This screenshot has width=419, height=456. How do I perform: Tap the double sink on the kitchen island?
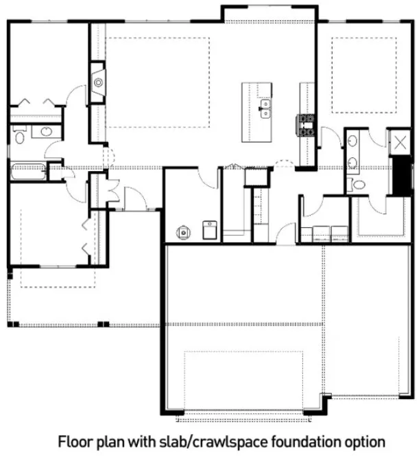coord(265,109)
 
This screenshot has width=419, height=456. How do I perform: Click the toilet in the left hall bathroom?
coord(20,135)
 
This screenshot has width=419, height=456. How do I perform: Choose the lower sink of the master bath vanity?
coord(351,163)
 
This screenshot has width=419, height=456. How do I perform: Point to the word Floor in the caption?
coord(71,440)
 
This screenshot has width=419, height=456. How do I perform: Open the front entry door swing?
coord(137,198)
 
